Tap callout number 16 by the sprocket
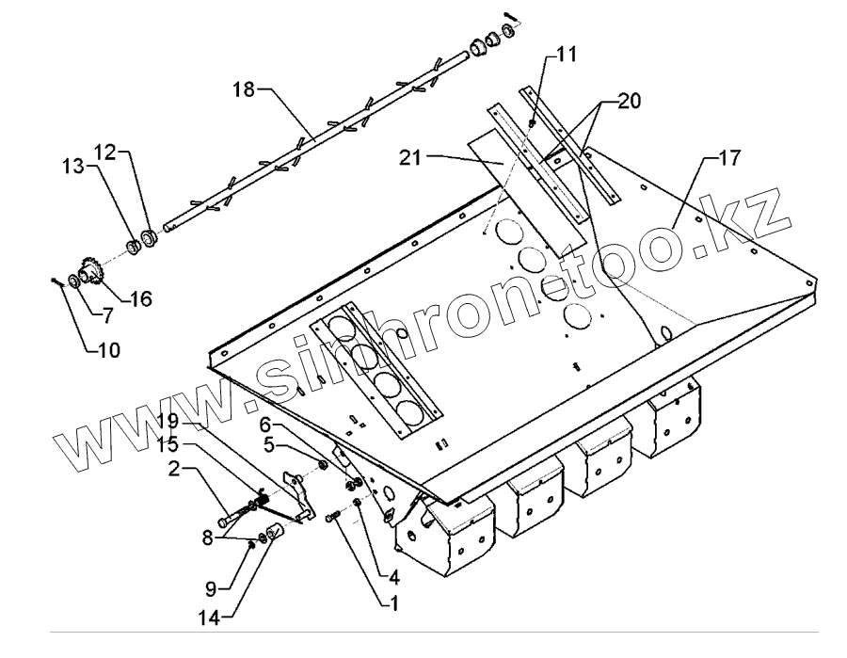point(140,300)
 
